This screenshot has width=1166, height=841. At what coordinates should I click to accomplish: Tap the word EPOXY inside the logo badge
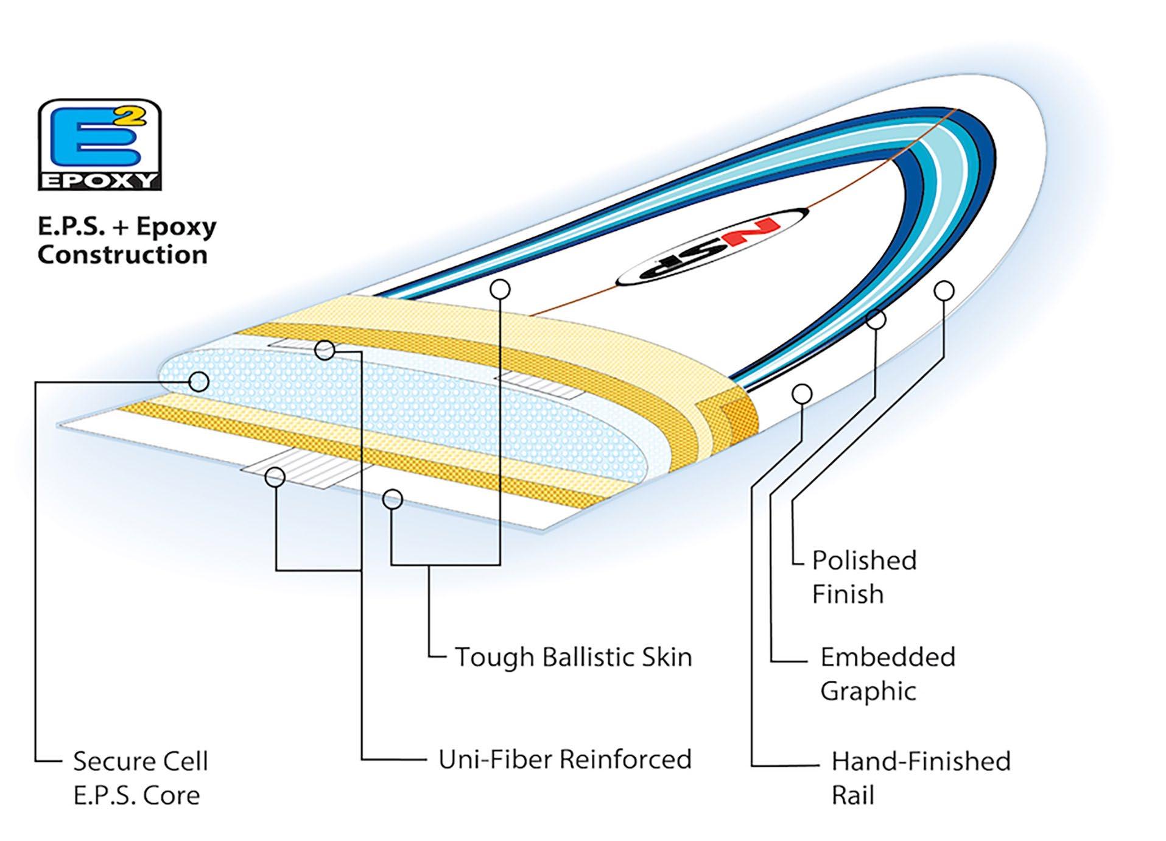point(99,181)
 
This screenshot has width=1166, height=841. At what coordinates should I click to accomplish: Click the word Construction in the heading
point(122,255)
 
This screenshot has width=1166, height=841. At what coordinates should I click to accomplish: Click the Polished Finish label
point(863,577)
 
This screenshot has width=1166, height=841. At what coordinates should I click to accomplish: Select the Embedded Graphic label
point(887,674)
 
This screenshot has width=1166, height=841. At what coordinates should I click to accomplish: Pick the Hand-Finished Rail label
point(920,778)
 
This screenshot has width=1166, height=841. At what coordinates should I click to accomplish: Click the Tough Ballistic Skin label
point(573,657)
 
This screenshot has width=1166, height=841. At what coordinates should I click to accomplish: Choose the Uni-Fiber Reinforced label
point(564,759)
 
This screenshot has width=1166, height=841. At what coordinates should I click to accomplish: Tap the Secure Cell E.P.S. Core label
point(140,778)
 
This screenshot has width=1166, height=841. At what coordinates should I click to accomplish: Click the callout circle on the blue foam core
point(198,382)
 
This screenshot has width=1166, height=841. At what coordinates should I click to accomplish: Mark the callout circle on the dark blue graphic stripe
point(876,319)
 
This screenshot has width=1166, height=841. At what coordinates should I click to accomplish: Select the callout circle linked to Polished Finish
point(944,291)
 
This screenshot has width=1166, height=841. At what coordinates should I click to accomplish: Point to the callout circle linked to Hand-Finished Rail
point(802,395)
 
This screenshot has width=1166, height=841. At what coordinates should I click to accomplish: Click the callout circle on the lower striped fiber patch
point(275,477)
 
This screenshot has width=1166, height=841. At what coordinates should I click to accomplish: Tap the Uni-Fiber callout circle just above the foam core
point(325,350)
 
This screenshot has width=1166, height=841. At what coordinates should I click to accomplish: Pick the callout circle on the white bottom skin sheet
point(393,499)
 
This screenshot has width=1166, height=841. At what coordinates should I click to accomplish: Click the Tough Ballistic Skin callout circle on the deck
point(500,289)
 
